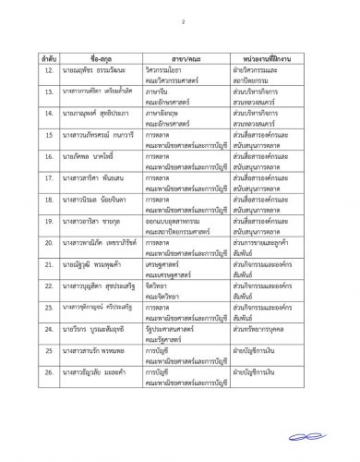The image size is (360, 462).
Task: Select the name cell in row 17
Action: [102, 190]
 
